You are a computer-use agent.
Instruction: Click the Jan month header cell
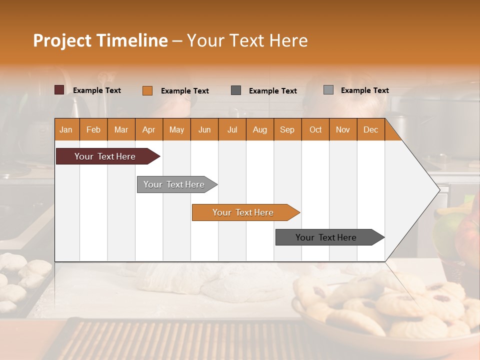coord(66,129)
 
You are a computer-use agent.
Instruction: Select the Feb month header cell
coord(93,129)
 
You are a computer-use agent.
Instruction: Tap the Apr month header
coord(149,129)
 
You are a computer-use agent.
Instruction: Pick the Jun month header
coord(204,129)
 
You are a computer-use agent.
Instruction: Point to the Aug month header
coord(260,129)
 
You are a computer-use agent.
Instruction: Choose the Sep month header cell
coord(287,129)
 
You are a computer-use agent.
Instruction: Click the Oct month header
coord(315,129)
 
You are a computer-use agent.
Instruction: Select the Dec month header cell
coord(371,129)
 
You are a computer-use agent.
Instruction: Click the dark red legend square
coord(59,90)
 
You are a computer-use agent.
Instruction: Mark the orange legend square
coord(147,90)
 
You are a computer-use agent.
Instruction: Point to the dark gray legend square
coord(236,90)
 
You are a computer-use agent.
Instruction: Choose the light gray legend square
coord(328,90)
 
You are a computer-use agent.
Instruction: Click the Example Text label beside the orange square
coord(185,91)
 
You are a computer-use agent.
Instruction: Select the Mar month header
coord(121,129)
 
